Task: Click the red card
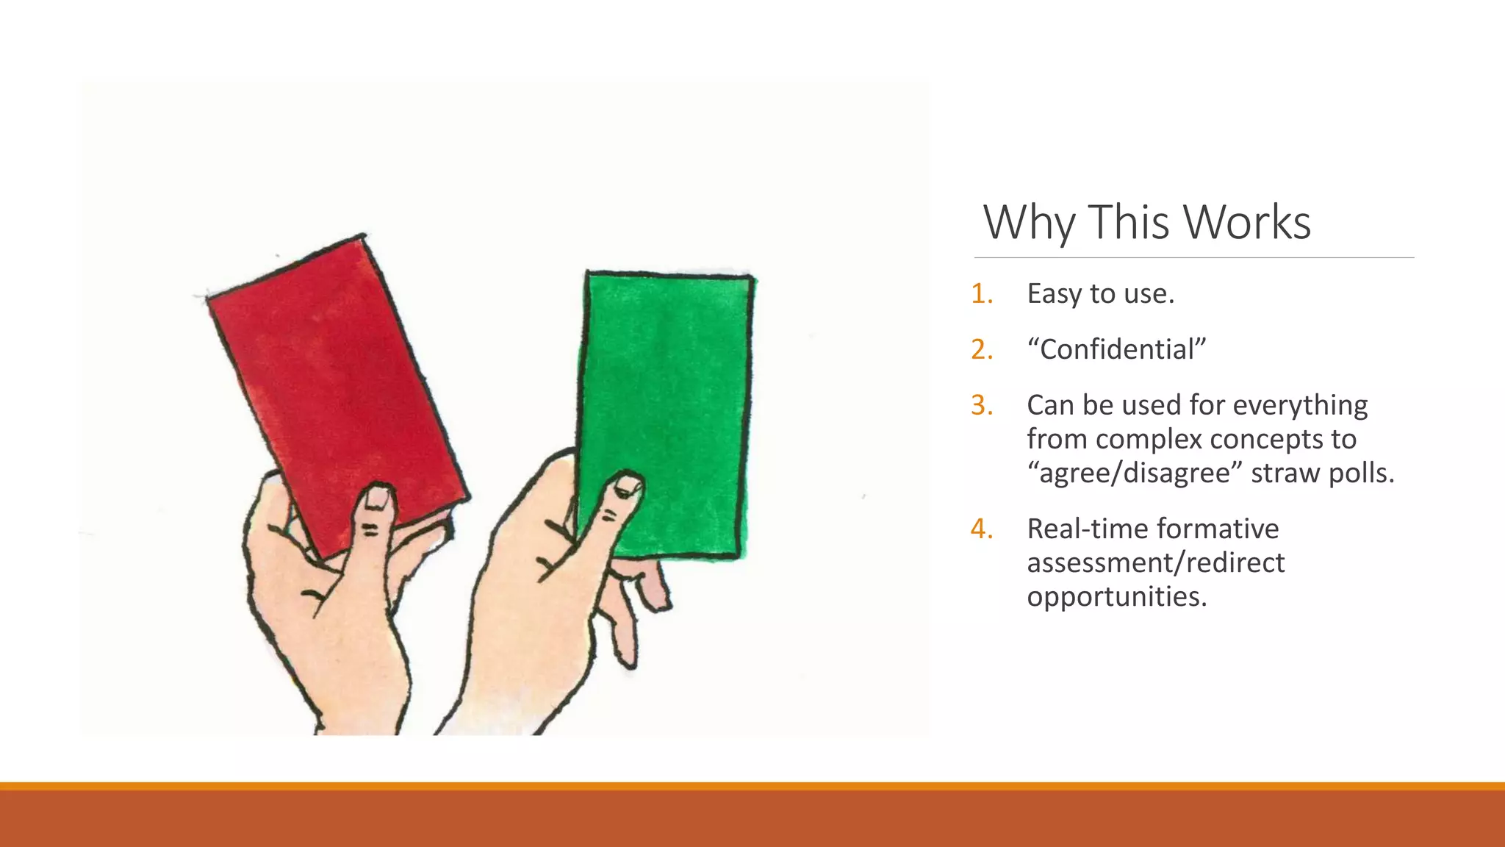point(334,382)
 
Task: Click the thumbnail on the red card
point(377,498)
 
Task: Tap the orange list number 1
point(982,293)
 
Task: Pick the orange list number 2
point(982,349)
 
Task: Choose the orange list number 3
point(982,405)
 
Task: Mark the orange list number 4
point(982,529)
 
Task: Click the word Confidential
point(1117,349)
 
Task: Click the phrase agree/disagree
point(1135,473)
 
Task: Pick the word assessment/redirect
point(1155,562)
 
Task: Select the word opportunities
point(1117,596)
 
